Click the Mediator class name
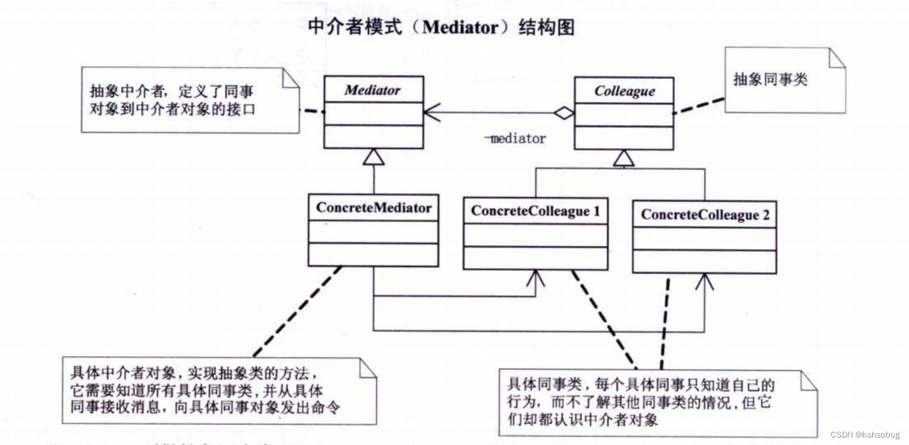tap(372, 90)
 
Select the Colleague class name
tap(624, 91)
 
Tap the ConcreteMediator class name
tap(374, 208)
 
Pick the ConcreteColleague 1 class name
tap(535, 211)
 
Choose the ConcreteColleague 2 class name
tap(705, 215)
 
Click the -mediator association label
tap(516, 139)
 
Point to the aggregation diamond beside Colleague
tap(563, 113)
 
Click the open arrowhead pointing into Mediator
tap(431, 113)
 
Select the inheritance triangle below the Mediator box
tap(374, 157)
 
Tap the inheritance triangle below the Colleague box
tap(624, 159)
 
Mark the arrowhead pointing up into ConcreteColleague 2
tap(704, 282)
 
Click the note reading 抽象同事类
tap(784, 80)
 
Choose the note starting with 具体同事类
tap(657, 402)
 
